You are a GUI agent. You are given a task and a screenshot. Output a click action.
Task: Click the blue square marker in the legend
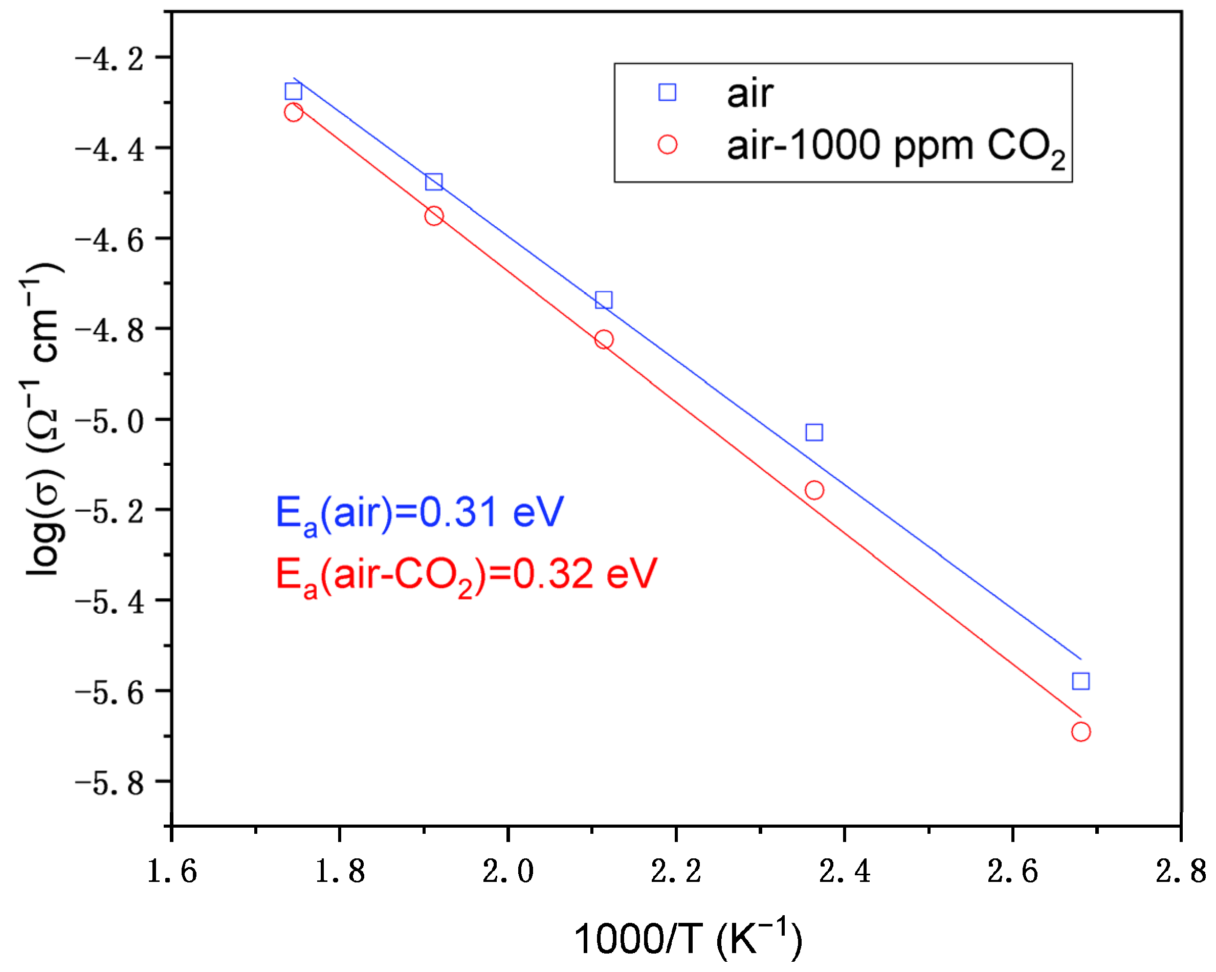pos(667,92)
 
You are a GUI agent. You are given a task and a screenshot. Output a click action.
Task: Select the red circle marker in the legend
pos(667,144)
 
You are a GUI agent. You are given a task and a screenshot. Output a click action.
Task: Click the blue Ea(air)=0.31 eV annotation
pos(419,513)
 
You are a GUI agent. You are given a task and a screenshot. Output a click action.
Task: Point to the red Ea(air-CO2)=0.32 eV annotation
pos(466,575)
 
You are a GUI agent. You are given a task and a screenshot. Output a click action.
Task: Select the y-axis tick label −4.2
pos(109,59)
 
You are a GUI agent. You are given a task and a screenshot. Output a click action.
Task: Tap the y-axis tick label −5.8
pos(109,784)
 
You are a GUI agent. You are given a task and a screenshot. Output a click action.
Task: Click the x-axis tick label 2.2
pos(676,871)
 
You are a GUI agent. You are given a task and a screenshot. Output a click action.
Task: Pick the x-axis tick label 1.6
pos(171,871)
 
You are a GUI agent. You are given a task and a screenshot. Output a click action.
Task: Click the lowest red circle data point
pos(1080,732)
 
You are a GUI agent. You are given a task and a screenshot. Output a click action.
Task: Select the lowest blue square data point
pos(1080,681)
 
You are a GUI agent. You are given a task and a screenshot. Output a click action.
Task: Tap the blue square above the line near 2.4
pos(814,433)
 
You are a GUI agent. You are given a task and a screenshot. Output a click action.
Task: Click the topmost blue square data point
pos(293,91)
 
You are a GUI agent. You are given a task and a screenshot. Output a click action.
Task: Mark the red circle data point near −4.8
pos(604,339)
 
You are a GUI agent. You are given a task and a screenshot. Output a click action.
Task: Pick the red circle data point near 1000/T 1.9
pos(434,215)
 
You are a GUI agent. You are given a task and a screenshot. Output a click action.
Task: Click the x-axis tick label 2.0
pos(507,871)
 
